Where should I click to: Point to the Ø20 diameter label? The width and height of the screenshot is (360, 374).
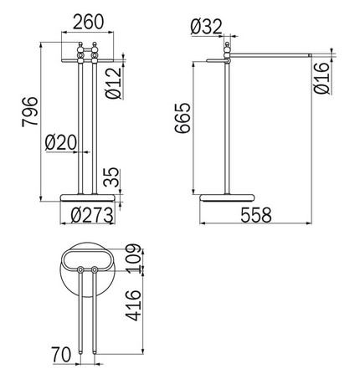click(58, 143)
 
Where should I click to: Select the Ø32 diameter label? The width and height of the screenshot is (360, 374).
click(205, 27)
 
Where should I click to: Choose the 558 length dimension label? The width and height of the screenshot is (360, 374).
click(256, 215)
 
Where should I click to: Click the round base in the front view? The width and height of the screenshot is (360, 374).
click(89, 197)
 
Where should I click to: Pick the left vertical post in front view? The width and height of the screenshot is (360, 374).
click(81, 126)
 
